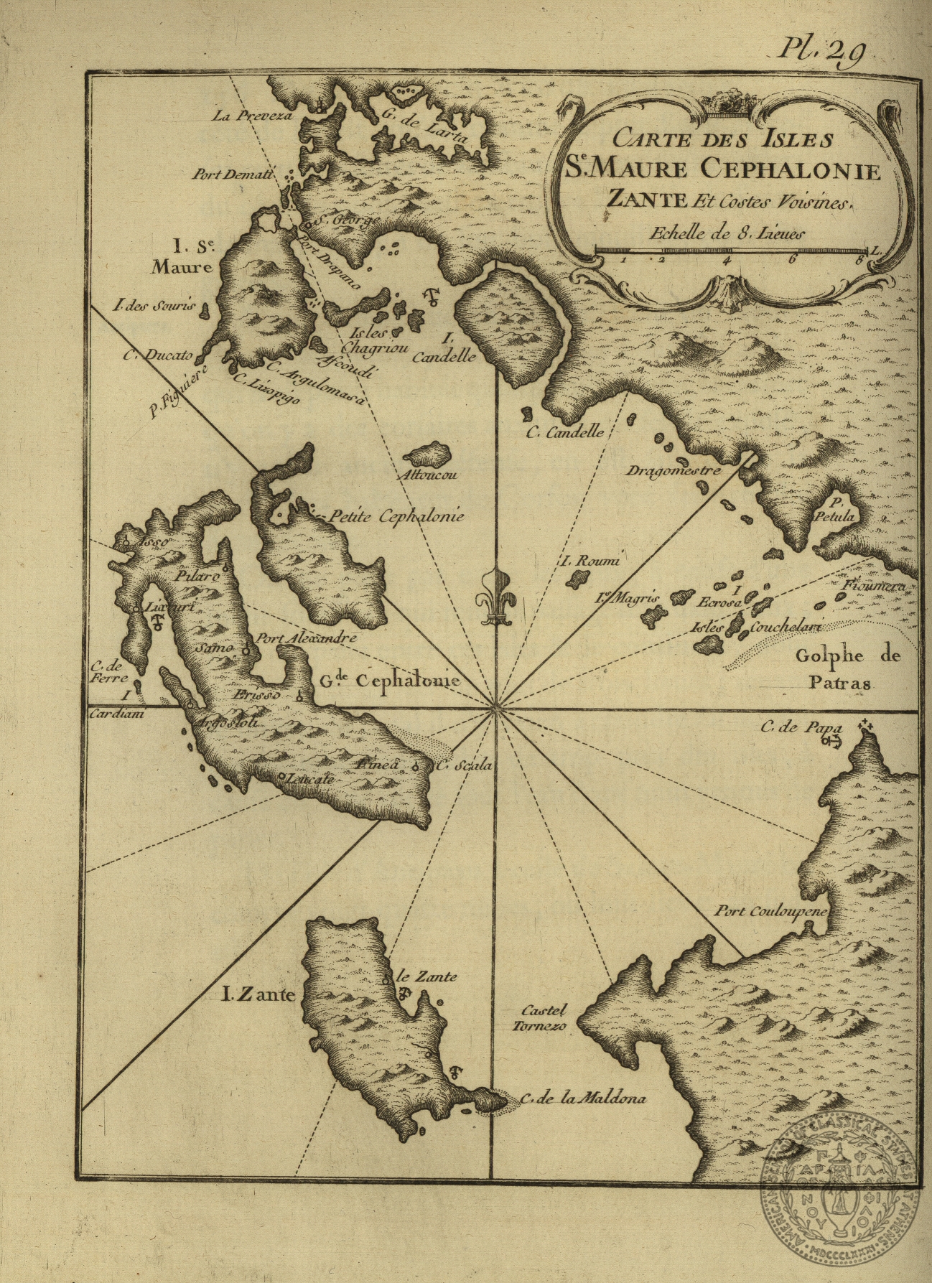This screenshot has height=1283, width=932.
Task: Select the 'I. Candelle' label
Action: pyautogui.click(x=449, y=347)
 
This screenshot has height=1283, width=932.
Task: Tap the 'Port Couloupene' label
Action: pyautogui.click(x=770, y=912)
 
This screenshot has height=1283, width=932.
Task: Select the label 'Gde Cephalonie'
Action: pyautogui.click(x=386, y=680)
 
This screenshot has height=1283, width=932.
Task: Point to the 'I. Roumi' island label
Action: pyautogui.click(x=588, y=561)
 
